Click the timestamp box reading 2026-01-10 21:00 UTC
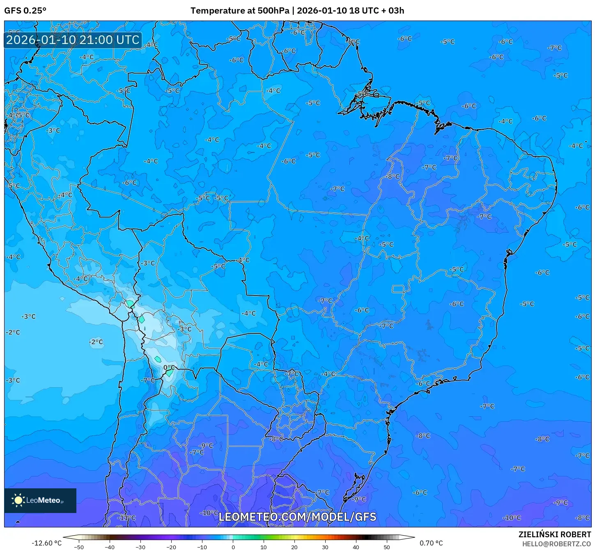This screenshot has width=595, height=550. tap(73, 40)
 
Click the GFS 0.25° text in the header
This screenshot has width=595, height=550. tap(25, 11)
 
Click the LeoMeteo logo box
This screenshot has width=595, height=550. tap(40, 500)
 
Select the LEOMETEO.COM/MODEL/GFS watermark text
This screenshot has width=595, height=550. tap(297, 517)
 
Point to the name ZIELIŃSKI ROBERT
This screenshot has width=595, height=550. tap(554, 534)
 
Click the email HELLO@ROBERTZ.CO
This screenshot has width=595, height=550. tap(556, 544)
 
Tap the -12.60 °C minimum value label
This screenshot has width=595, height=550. tap(46, 543)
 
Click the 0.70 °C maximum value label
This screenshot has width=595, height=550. tap(431, 543)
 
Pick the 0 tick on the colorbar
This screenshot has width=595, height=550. tap(233, 547)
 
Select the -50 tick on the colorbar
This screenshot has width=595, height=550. tap(78, 547)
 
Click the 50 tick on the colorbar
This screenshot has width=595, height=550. tap(387, 547)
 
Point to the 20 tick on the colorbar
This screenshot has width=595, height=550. tap(294, 547)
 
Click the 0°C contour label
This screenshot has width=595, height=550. tap(169, 367)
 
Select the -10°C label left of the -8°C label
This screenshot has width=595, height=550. tap(512, 518)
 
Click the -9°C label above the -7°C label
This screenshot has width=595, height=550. tap(206, 445)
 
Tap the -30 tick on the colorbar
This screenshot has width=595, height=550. tap(140, 547)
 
